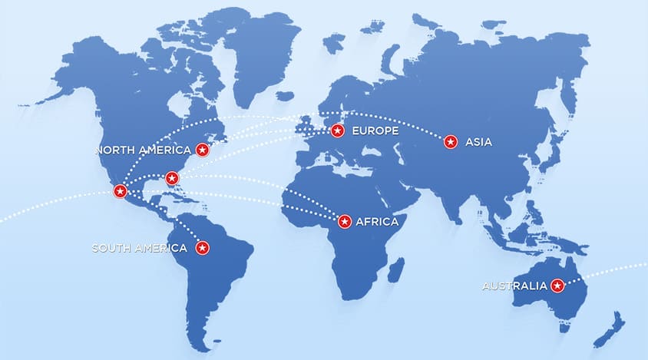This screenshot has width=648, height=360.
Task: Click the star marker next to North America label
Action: click(203, 150)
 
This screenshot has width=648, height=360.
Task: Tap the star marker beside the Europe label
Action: click(336, 131)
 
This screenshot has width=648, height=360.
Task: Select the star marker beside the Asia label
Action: click(451, 141)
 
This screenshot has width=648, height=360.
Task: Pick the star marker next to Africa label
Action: click(345, 222)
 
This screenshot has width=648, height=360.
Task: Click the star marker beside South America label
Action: click(203, 248)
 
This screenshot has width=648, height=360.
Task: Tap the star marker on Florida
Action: click(173, 179)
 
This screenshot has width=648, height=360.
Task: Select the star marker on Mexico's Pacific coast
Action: click(119, 191)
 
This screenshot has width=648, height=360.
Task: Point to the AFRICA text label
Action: click(377, 222)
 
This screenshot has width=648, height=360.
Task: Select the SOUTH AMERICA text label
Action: click(139, 248)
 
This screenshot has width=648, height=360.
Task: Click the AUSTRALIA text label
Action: click(514, 286)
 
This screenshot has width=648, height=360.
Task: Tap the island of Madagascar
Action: click(395, 269)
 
